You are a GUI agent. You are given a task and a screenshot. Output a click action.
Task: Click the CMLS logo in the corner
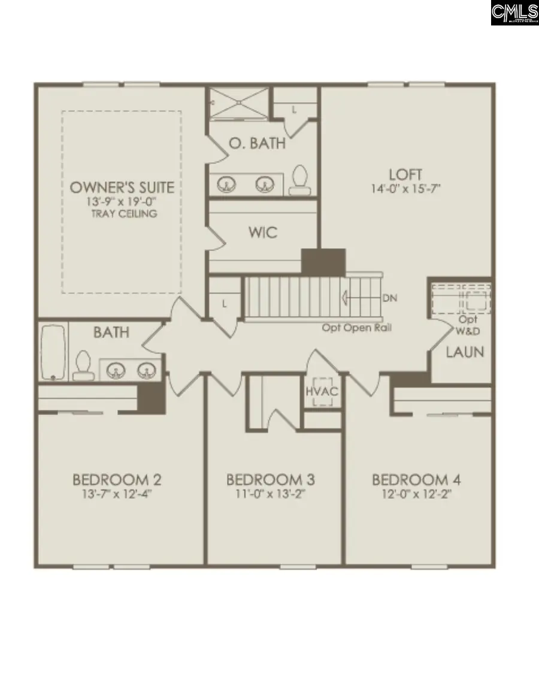pos(514,13)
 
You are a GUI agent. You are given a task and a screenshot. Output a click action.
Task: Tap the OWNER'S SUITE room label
pos(122,187)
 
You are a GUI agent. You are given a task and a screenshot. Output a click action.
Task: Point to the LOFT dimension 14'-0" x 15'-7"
pos(405,189)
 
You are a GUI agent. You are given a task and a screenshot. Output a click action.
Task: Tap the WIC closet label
pos(263,232)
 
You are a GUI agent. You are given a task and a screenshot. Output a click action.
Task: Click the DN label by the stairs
pos(389,298)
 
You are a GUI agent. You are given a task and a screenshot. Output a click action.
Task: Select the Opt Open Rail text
pos(357,328)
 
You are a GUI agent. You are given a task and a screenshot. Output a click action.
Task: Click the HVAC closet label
pos(323,391)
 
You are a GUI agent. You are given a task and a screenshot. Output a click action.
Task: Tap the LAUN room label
pos(465,352)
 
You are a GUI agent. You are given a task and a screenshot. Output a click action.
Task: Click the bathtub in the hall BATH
pos(52,352)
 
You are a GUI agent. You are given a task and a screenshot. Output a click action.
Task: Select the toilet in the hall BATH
pos(82,366)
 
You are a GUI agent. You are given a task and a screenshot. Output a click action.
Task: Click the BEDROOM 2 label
pos(117,480)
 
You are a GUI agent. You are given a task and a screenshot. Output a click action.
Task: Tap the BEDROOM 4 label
pos(416,480)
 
